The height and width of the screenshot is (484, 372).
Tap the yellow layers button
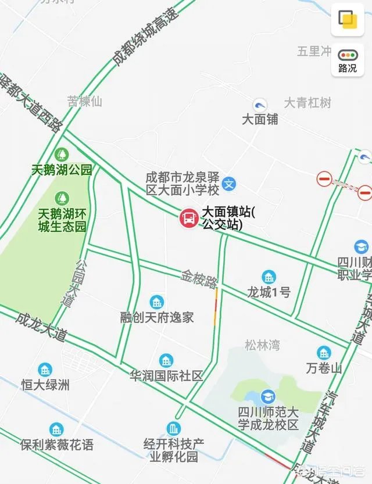[x=348, y=20]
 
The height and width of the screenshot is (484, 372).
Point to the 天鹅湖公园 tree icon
[x=61, y=155]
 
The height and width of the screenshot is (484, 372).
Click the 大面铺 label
[x=260, y=119]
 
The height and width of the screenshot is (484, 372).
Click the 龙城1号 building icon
[x=269, y=277]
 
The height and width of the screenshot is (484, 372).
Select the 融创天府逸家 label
[x=157, y=318]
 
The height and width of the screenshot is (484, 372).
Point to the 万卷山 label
[x=324, y=368]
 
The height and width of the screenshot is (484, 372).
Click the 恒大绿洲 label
[x=45, y=385]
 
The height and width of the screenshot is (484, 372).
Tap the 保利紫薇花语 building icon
[x=57, y=430]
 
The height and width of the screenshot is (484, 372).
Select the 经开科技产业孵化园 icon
[x=174, y=429]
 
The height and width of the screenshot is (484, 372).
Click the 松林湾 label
[x=262, y=346]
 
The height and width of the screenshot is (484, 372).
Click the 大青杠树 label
[x=307, y=103]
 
